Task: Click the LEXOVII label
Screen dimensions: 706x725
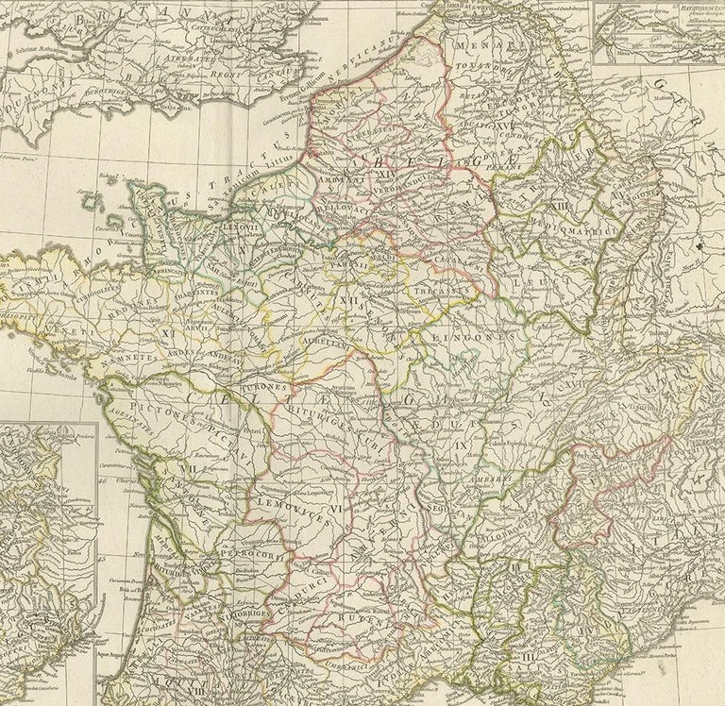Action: [241, 227]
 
